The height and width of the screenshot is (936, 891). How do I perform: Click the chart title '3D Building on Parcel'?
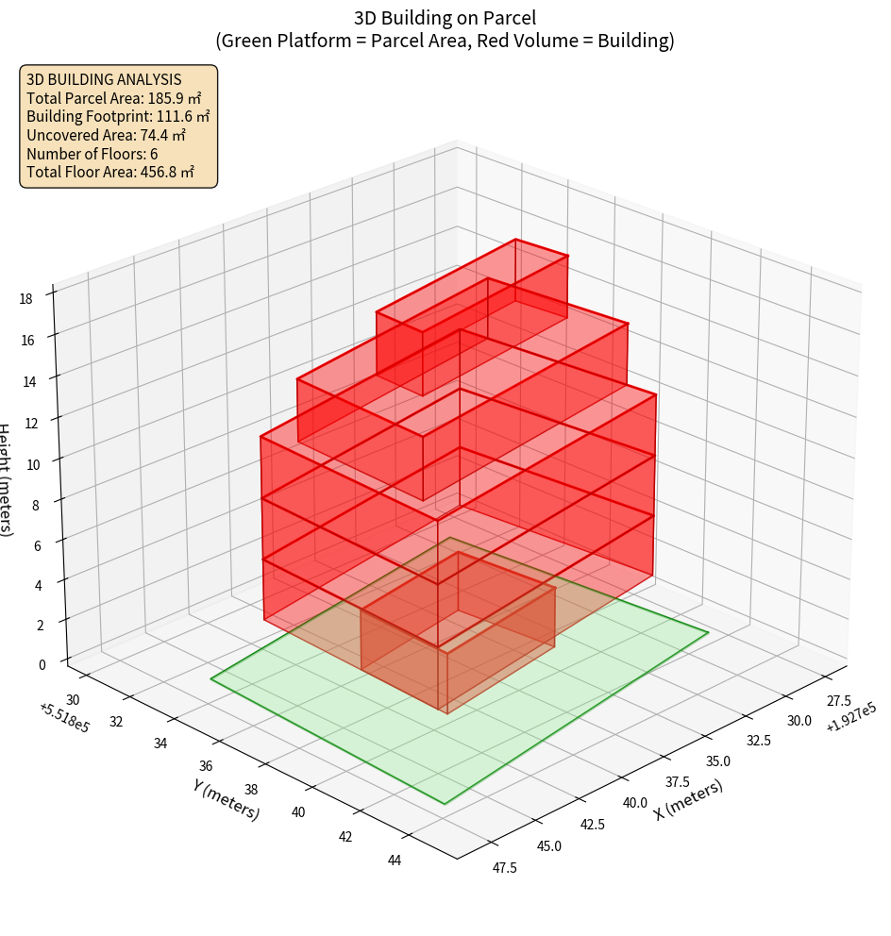coord(445,17)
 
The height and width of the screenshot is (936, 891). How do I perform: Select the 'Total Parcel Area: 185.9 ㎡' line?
coord(114,98)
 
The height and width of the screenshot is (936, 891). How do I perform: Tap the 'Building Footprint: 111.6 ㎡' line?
coord(118,116)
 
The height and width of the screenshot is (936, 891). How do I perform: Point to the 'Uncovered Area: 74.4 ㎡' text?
coord(106,135)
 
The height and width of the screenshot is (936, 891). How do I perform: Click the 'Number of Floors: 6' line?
coord(92,154)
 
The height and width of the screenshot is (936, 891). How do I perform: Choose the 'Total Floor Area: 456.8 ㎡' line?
coord(110,172)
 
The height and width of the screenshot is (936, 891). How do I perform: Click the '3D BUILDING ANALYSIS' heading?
coord(104,80)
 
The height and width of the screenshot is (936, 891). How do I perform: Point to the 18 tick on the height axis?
coord(25,299)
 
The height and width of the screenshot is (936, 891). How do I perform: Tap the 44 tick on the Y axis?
coord(395,860)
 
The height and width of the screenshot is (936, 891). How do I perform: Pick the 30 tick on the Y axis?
coord(75,699)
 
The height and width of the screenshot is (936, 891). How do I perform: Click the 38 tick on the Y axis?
coord(252,789)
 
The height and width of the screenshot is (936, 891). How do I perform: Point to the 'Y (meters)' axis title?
coord(226,798)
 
